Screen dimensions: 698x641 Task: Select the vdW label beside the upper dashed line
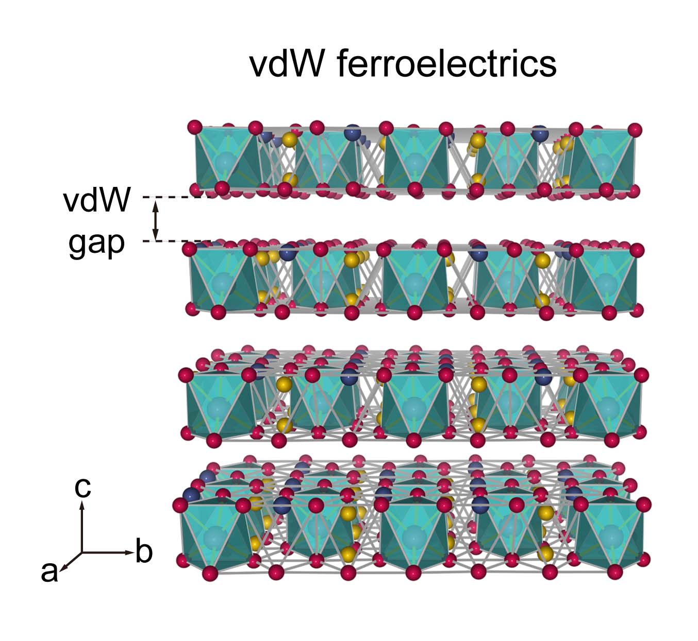click(x=97, y=199)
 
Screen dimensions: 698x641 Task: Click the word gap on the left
click(x=97, y=244)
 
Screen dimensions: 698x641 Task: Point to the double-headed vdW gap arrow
click(x=156, y=219)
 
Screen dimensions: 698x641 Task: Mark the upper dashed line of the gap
click(x=177, y=197)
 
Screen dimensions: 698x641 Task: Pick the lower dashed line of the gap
click(x=177, y=241)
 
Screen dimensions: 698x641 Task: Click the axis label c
click(x=83, y=487)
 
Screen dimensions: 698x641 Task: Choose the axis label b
click(x=144, y=550)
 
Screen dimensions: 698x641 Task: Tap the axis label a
click(x=49, y=572)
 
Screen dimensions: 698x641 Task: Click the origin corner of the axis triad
click(x=82, y=552)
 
